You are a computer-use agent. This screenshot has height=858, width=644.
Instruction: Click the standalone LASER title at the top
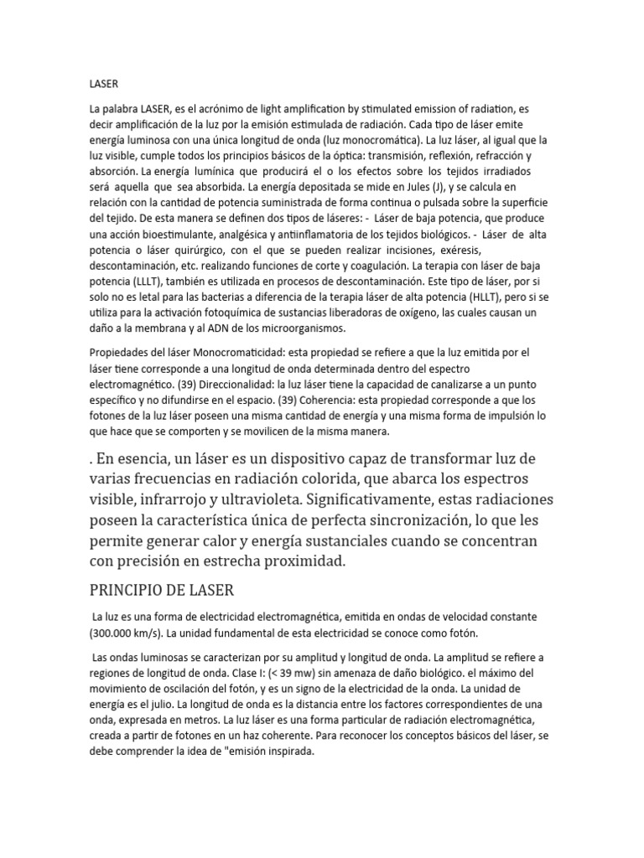tap(104, 84)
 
